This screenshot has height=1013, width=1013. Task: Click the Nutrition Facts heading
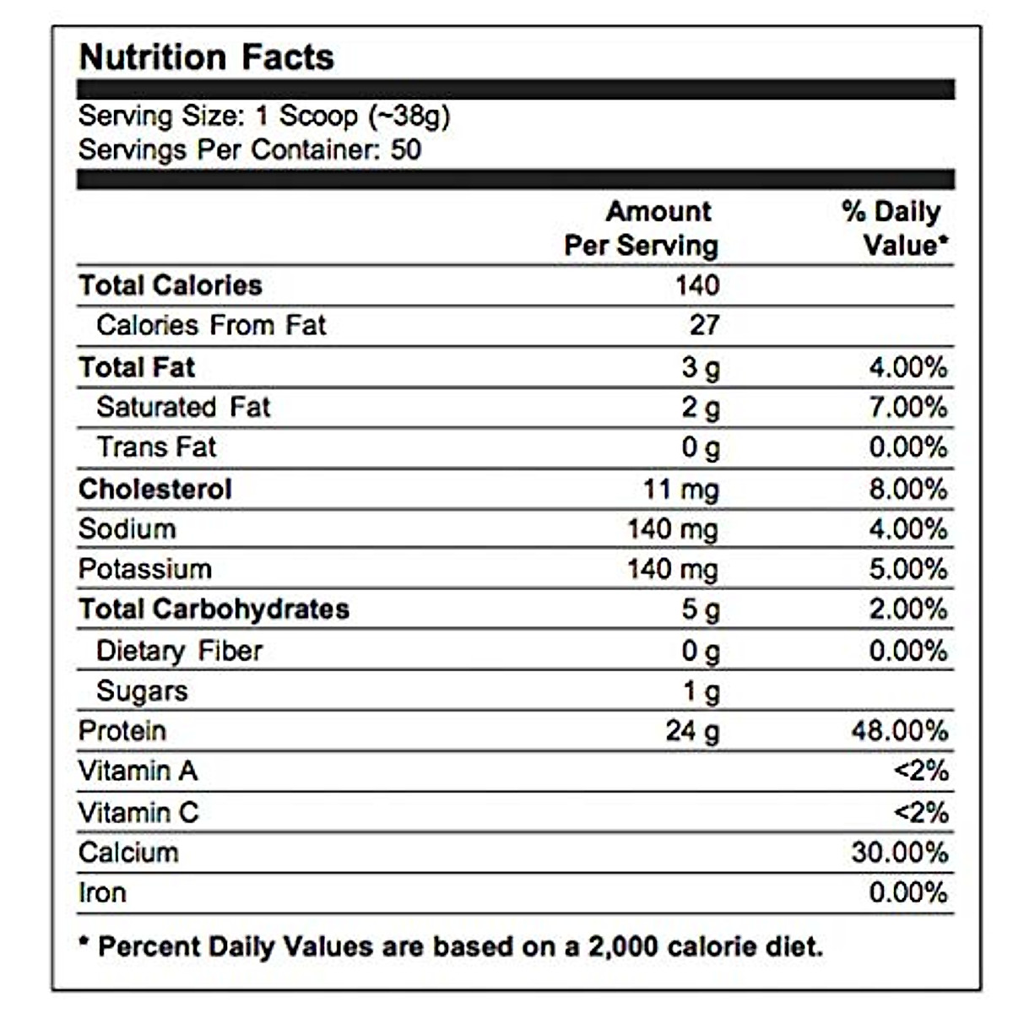(x=206, y=57)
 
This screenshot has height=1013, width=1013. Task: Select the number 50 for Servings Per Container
(x=405, y=150)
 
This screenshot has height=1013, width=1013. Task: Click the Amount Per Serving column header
(x=642, y=228)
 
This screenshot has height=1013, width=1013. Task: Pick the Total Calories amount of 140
(x=696, y=285)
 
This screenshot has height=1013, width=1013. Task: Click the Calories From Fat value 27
(x=704, y=325)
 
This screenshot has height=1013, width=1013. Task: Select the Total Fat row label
(x=137, y=367)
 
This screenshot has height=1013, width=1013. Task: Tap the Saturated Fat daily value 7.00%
(x=907, y=407)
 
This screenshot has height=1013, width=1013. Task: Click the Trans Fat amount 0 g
(x=701, y=447)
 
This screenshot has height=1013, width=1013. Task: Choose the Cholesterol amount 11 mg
(x=680, y=489)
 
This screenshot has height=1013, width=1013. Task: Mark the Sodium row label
(x=127, y=529)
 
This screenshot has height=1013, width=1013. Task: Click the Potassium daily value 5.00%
(x=907, y=569)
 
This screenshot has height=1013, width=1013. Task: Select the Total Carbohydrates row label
(x=214, y=609)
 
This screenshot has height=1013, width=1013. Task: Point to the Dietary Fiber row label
(x=179, y=651)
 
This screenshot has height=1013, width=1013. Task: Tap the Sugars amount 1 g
(x=701, y=691)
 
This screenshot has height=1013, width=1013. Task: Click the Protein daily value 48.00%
(x=899, y=731)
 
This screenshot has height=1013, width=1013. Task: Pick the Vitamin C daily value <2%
(x=920, y=812)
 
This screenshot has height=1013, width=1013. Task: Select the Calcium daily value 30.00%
(x=899, y=853)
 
